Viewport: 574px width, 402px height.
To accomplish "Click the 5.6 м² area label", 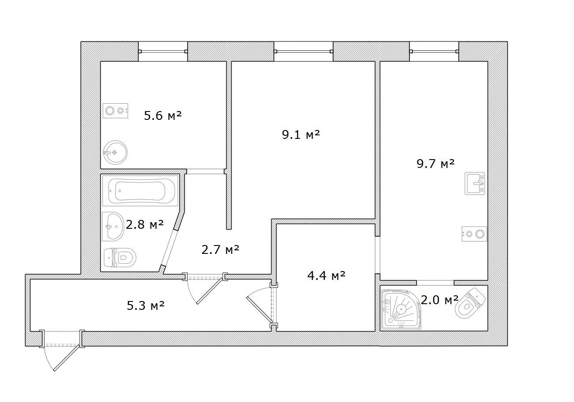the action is click(163, 115).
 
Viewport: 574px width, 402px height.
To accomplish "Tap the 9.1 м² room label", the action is click(301, 134).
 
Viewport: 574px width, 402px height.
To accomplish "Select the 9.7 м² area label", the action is click(436, 164).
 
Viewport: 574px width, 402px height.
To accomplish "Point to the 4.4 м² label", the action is click(326, 276).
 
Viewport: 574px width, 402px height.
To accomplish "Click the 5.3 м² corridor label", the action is click(146, 305).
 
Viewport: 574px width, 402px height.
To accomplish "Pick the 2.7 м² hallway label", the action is click(221, 249).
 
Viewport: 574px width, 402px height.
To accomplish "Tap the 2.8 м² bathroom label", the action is click(145, 225).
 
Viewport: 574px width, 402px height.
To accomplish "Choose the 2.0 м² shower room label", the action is click(440, 300).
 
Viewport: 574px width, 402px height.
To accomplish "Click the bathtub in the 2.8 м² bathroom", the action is click(140, 190).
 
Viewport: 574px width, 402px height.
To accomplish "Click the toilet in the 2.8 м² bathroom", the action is click(120, 257).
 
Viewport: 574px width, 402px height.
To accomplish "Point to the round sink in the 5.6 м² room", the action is click(115, 153).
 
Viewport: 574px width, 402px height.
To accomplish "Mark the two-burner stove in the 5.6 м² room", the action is click(115, 111).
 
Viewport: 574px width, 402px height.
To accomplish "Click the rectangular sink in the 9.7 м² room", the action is click(475, 183).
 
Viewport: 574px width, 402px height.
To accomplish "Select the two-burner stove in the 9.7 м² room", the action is click(474, 234).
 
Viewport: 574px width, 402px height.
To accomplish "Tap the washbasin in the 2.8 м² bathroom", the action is click(113, 227).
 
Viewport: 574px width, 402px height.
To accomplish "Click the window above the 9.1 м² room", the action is click(303, 52).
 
